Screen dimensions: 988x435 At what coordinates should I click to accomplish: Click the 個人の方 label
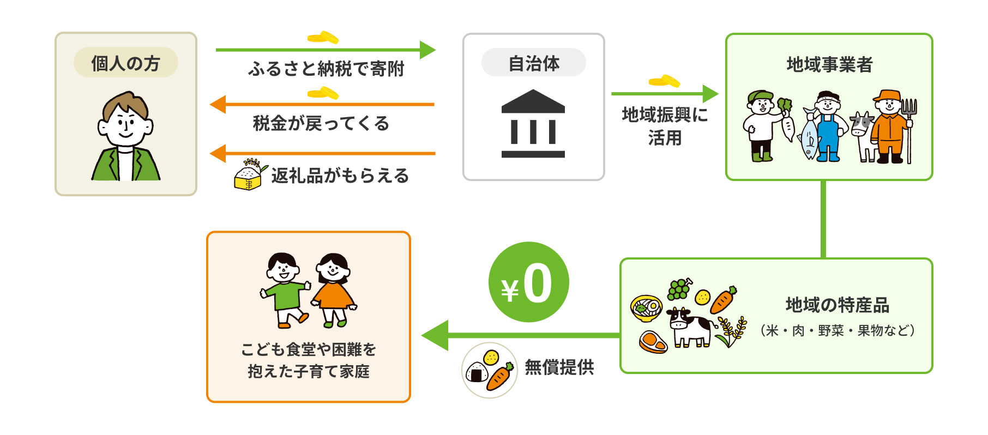pos(125,63)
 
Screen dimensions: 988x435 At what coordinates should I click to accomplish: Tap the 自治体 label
pos(533,63)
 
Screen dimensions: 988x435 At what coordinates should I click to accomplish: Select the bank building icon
pos(533,124)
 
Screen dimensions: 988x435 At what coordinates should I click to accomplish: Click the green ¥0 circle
pos(528,282)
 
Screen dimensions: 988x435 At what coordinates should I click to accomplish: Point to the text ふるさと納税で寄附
pos(326,69)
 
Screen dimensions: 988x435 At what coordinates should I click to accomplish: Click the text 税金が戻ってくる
pos(321,124)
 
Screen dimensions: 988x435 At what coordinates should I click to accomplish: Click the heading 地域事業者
pos(829,65)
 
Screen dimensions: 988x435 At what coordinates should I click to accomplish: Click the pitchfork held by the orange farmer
pos(908,128)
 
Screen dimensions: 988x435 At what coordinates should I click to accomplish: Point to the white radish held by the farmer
pos(788,125)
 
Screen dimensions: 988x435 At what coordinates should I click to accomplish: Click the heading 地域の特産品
pos(837,305)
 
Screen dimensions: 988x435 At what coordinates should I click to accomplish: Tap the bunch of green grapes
pos(679,289)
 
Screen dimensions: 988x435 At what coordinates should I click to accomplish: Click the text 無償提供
pos(559,367)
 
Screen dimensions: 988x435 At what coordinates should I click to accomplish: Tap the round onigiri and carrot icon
pos(489,370)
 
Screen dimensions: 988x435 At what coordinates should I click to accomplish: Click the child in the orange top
pos(333,289)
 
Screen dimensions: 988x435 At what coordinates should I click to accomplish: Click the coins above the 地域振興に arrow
pos(664,81)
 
